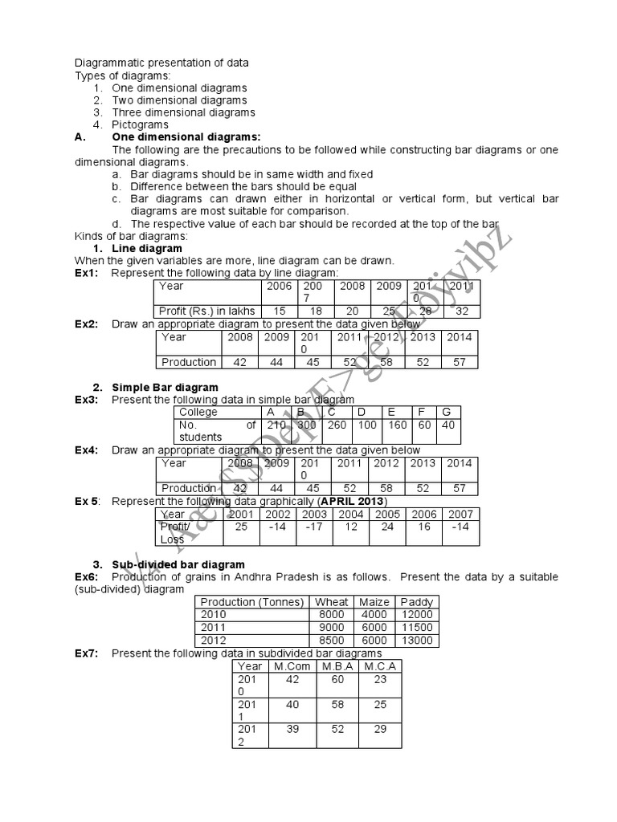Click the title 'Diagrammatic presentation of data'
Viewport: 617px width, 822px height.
point(161,63)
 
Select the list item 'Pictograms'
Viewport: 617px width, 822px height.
point(140,125)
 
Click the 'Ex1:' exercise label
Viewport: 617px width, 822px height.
point(86,273)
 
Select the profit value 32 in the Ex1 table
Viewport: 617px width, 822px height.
point(462,311)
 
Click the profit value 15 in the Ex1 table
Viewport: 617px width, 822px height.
point(280,311)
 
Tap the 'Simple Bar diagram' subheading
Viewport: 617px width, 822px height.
point(165,387)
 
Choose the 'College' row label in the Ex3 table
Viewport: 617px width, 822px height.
point(198,412)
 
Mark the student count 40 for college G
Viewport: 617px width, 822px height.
point(448,425)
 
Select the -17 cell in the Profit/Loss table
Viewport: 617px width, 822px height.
point(314,527)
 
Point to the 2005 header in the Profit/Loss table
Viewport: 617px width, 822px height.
point(388,514)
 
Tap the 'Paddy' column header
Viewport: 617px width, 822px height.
point(416,602)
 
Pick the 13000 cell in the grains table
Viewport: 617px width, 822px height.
point(416,641)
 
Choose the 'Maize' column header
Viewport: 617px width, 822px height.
point(374,602)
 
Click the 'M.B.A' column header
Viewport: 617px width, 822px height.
point(337,666)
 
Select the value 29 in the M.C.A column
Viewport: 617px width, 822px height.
point(380,729)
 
